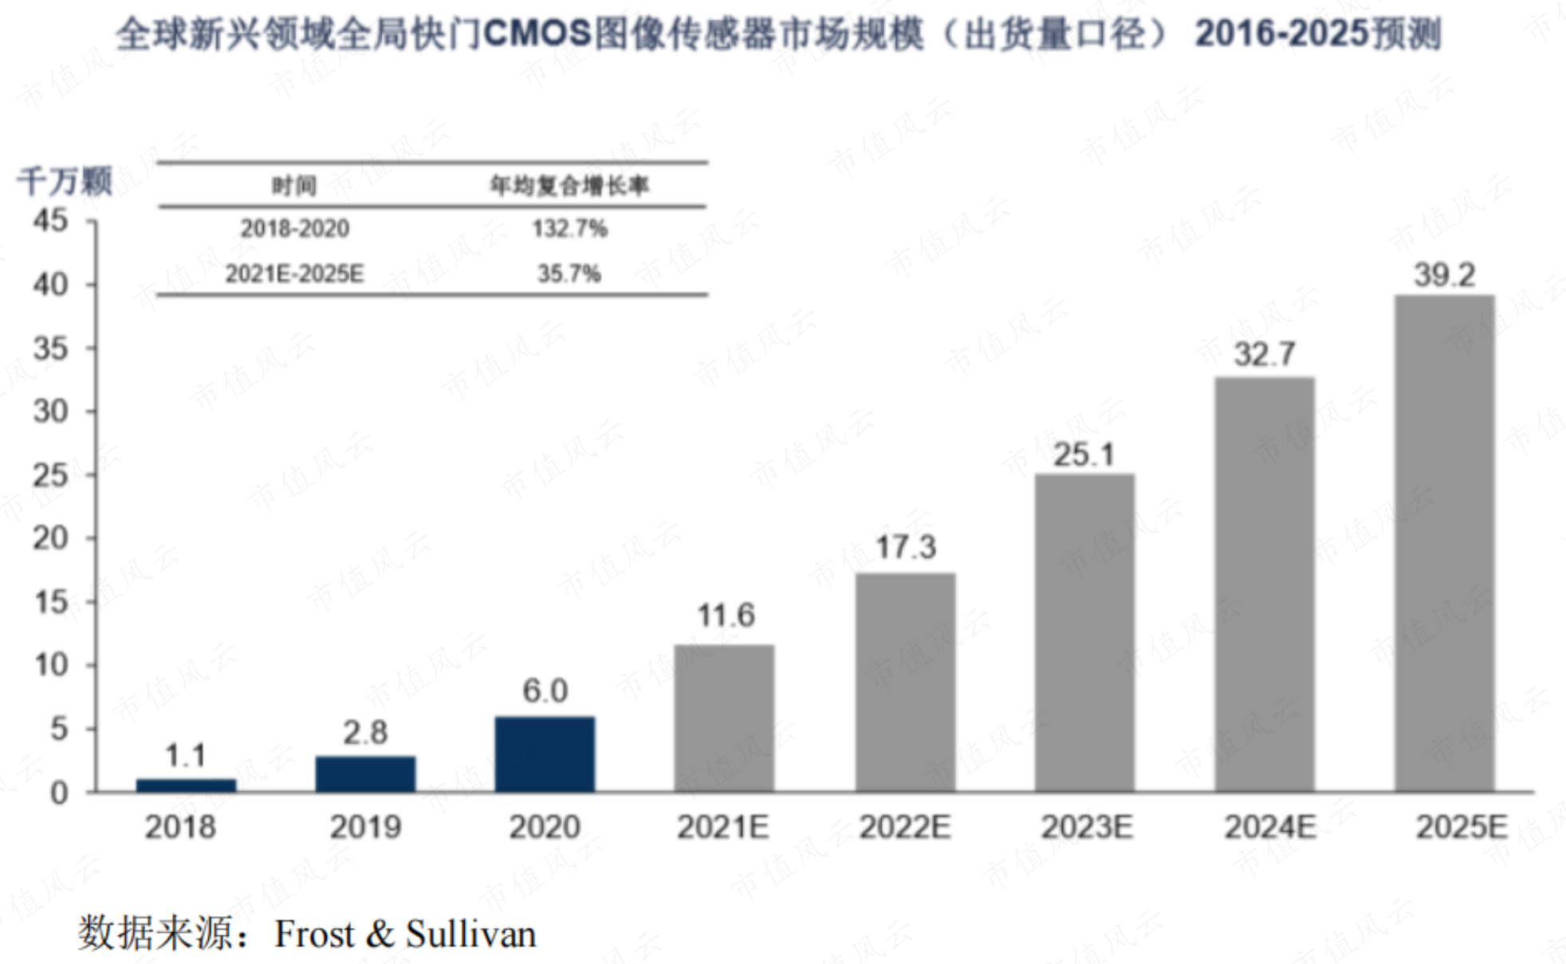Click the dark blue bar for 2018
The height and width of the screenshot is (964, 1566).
tap(186, 785)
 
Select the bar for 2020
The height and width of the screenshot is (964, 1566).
tap(545, 753)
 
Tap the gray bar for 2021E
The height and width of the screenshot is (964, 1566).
tap(724, 718)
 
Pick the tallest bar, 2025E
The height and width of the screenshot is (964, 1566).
tap(1444, 543)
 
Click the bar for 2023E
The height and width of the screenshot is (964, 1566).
tap(1084, 632)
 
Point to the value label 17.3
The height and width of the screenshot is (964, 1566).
tap(906, 547)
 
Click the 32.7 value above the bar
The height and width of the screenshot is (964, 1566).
tap(1265, 354)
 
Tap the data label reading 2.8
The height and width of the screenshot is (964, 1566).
tap(365, 732)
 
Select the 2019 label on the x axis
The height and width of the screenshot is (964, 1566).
tap(365, 827)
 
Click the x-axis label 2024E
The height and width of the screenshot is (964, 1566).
tap(1270, 827)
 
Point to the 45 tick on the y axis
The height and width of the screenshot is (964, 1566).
tap(50, 220)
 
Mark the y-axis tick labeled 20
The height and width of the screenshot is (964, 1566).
tap(50, 538)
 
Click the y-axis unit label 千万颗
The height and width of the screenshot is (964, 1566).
tap(65, 181)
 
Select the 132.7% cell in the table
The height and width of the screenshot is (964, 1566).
tap(569, 229)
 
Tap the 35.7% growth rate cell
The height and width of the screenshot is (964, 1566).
tap(569, 274)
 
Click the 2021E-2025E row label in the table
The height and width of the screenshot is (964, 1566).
tap(294, 274)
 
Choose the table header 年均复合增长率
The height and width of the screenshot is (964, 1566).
tap(569, 186)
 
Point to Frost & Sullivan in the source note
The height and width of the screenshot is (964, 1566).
tap(405, 934)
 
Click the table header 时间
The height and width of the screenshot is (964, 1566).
tap(294, 186)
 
